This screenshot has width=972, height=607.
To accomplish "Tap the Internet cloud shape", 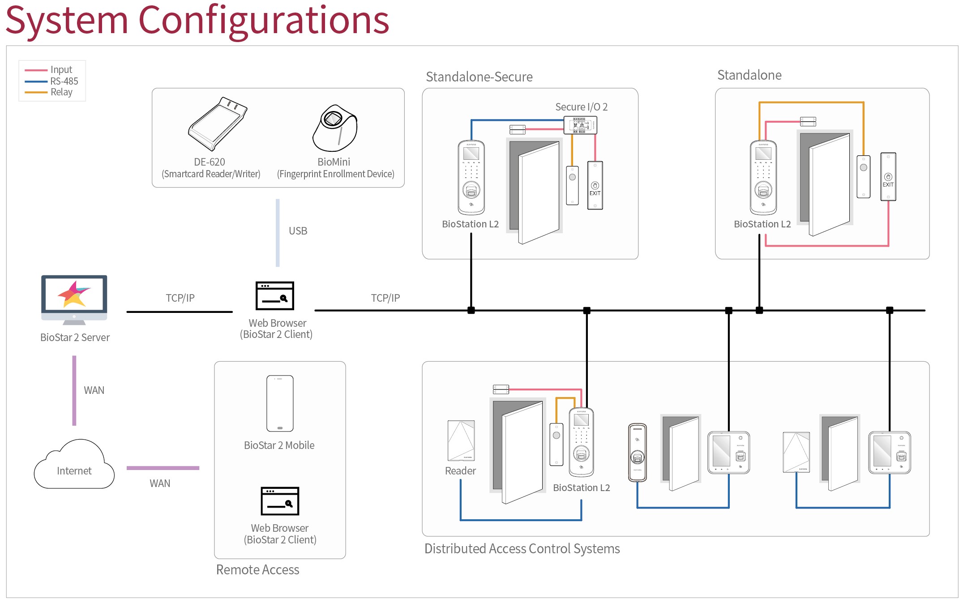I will point(74,466).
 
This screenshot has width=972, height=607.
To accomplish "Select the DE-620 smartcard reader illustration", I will point(218,124).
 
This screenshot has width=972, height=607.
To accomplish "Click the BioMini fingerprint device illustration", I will point(335,128).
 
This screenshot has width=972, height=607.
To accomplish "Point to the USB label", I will point(298,231).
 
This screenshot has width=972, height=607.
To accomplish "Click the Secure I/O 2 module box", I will point(580,125).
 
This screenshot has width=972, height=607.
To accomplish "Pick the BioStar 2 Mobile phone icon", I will point(280,403).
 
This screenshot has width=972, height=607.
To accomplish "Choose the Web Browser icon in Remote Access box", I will point(280,501).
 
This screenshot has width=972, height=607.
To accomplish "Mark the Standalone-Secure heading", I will point(479,77).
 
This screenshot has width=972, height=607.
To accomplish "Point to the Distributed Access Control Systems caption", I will point(522,549).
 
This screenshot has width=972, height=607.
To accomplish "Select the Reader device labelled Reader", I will point(461,441).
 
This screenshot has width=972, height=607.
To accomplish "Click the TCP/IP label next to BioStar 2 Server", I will point(180,298).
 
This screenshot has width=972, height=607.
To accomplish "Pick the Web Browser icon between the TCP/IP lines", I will point(275,296).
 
